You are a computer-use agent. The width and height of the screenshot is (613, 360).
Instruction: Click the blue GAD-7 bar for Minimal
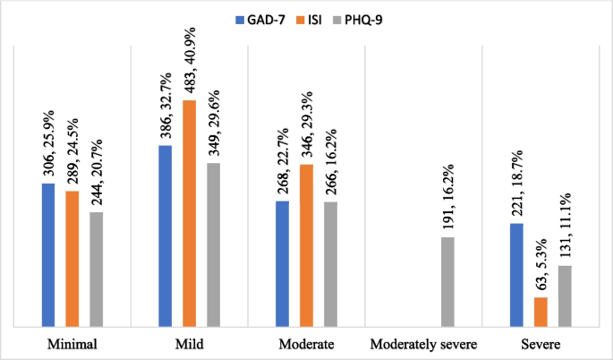pos(48,255)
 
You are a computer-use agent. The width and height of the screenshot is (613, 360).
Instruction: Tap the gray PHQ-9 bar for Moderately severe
pos(447,281)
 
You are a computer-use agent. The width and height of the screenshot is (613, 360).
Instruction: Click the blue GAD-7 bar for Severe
pos(516,275)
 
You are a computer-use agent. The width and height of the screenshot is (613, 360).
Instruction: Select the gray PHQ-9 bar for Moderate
pos(330,264)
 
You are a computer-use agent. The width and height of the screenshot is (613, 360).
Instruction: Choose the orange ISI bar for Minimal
pos(72,259)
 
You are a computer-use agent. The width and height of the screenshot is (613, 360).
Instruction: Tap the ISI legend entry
pos(316,15)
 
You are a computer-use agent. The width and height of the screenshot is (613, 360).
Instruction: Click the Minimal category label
pos(72,344)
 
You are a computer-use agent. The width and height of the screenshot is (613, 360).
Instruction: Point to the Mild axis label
pos(190,344)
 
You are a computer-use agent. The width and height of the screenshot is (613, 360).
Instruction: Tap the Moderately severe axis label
pos(423,344)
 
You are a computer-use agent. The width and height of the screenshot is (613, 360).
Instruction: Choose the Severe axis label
pos(541,344)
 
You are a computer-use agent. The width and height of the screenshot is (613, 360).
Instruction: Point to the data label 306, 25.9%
pos(48,142)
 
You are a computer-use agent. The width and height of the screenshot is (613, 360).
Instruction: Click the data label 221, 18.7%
pos(516,181)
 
